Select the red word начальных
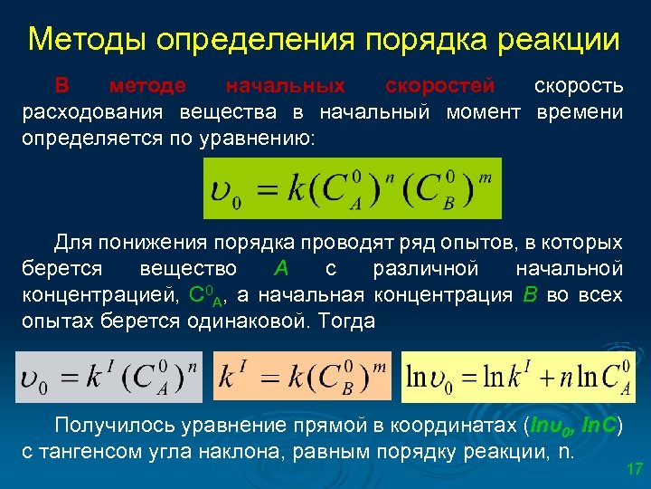pos(285,86)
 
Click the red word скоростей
pos(439,86)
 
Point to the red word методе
pos(147,86)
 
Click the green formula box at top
pos(353,188)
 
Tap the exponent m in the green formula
pos(485,178)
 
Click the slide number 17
pos(634,469)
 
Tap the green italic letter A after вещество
pos(281,269)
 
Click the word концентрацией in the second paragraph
pos(97,295)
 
